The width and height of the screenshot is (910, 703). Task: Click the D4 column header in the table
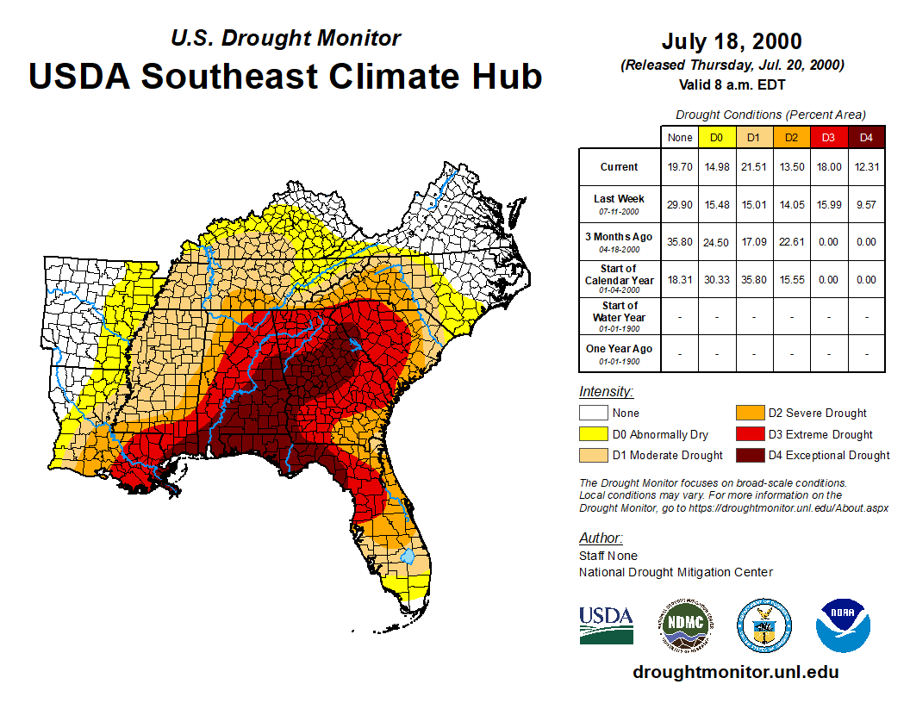[867, 137]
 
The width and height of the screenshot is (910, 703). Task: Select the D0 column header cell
[717, 137]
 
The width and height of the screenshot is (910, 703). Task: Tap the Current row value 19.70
[680, 167]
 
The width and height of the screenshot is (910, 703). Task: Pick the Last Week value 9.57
[867, 204]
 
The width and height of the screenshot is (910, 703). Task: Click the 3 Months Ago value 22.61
[792, 242]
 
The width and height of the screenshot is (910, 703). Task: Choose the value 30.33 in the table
[717, 280]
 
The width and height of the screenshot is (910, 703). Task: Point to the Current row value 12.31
[867, 167]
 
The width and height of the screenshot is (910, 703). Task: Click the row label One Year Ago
[620, 349]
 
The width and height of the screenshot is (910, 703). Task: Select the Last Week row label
[620, 199]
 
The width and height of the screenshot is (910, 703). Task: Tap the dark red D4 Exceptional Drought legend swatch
[749, 455]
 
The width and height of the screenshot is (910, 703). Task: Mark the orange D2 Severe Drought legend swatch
[749, 413]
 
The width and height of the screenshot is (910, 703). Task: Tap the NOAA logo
[843, 625]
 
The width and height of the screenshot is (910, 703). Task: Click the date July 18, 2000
[732, 42]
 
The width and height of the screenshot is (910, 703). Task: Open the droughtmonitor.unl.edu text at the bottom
[735, 672]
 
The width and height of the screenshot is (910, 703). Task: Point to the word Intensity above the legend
[606, 392]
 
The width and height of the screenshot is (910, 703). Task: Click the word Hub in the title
[506, 76]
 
